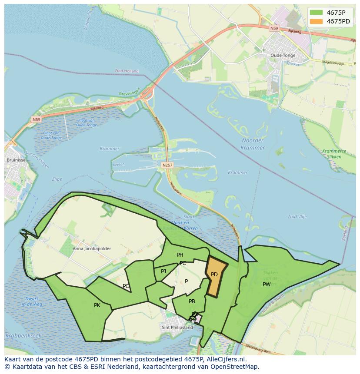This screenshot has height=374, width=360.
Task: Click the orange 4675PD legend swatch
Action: pos(316,21)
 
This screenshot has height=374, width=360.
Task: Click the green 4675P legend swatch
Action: pos(316,13)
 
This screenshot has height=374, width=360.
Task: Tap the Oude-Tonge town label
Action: pos(283,56)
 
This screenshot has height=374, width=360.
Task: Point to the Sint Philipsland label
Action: pos(177,328)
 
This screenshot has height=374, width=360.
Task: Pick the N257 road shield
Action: pos(167,165)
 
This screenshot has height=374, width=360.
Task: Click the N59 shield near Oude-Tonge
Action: pos(273,28)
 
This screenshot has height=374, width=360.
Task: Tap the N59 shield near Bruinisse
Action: pos(36,119)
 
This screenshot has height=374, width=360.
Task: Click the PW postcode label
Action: pos(267,285)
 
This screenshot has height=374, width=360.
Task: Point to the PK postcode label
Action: pos(97,305)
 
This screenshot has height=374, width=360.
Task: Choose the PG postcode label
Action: pos(126,286)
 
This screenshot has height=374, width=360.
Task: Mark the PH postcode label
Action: pos(180,255)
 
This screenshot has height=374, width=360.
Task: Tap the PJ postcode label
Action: pos(163,271)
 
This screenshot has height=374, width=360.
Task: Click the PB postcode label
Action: pos(192,301)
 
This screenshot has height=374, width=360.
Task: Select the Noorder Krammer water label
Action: pos(252,144)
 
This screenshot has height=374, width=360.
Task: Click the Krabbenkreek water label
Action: pos(23,335)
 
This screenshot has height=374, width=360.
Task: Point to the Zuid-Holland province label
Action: pos(127,71)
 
